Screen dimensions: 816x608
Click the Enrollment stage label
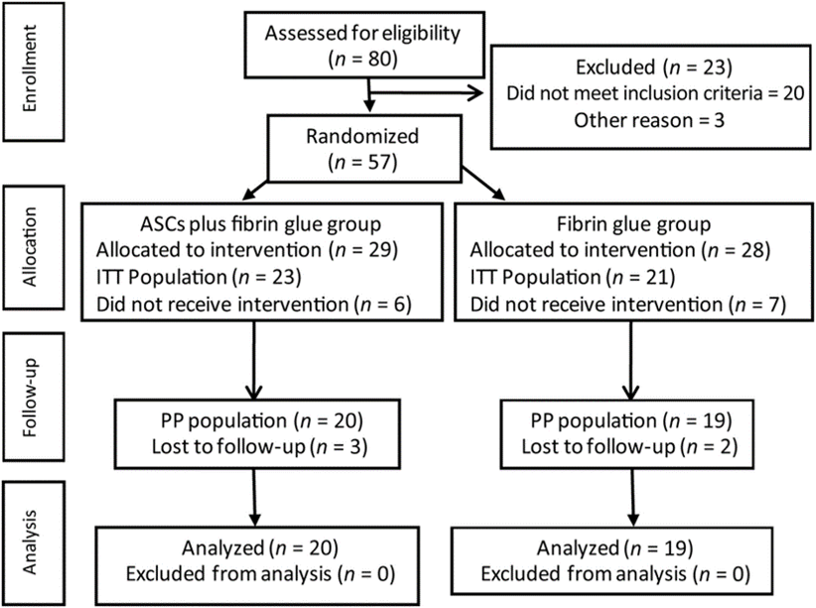click(30, 68)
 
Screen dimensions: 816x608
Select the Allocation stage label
click(30, 247)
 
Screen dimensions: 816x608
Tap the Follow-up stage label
click(30, 398)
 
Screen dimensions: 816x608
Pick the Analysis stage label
click(30, 542)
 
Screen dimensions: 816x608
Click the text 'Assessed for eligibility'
click(362, 34)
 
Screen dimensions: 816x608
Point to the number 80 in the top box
click(381, 59)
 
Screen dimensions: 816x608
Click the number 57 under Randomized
click(380, 163)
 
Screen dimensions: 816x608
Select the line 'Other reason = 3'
click(649, 120)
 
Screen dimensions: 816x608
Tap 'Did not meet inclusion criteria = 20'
click(655, 93)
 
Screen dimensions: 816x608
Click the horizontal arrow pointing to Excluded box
click(426, 93)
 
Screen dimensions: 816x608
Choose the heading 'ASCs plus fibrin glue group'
click(261, 224)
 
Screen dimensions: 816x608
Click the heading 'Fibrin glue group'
click(634, 224)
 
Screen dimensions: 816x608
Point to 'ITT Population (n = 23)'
click(199, 277)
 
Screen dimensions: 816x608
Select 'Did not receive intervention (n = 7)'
click(627, 304)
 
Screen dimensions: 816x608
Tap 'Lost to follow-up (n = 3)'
click(260, 446)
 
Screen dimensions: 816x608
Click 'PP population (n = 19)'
click(630, 421)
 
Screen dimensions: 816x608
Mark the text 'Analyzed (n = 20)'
click(260, 547)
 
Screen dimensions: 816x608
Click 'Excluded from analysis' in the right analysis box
click(584, 574)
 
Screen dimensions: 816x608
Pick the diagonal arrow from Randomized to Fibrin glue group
click(483, 183)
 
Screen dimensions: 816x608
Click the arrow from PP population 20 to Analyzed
click(254, 497)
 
